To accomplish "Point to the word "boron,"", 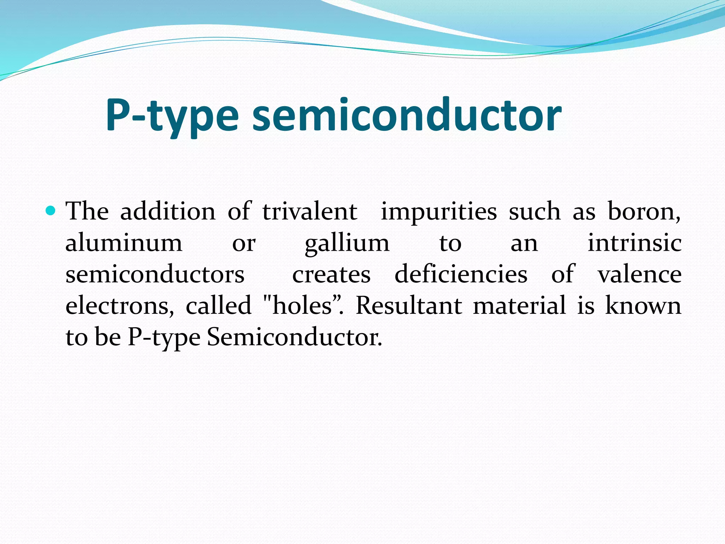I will [x=644, y=212].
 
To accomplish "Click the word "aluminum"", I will [x=124, y=243].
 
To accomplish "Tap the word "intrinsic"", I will [x=634, y=243].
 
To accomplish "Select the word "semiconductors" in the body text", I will [x=155, y=274].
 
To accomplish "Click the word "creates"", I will [x=331, y=274].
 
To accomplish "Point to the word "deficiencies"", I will [x=461, y=274].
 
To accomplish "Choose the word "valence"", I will [x=640, y=274].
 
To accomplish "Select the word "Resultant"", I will [x=409, y=305].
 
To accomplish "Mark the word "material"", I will [x=519, y=305].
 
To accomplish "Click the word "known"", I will [x=643, y=305].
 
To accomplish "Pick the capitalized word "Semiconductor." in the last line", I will [x=295, y=337].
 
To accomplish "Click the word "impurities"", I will [x=439, y=212].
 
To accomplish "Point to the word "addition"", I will [x=168, y=211].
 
